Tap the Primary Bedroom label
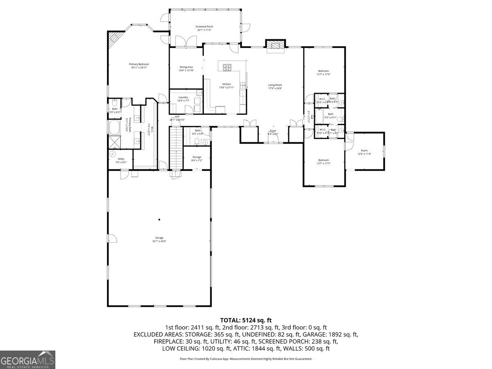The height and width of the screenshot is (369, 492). tap(139, 66)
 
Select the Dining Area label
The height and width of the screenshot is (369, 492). tap(186, 68)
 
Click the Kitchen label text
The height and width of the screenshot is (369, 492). tap(226, 85)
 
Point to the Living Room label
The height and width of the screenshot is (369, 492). tap(275, 87)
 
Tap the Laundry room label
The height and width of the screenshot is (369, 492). tap(183, 99)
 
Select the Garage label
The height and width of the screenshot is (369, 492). tap(159, 239)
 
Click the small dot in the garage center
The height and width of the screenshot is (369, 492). tap(159, 220)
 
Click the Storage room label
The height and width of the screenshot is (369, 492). tap(197, 158)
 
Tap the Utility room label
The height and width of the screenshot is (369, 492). tap(121, 160)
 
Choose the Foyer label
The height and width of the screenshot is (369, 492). tap(273, 132)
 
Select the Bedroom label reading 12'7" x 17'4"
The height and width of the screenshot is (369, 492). tap(323, 73)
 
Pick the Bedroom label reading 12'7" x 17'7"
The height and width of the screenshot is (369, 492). tap(324, 162)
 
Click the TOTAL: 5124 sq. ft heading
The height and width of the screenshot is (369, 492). tap(246, 320)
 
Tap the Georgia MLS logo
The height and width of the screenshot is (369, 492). tap(27, 360)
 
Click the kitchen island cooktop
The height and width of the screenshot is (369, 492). tap(227, 66)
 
